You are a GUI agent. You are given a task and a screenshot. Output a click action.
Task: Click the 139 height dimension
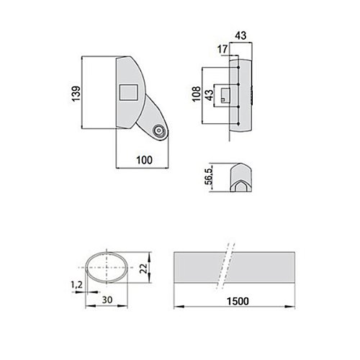(76, 94)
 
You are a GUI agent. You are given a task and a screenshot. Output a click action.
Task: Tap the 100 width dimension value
(144, 160)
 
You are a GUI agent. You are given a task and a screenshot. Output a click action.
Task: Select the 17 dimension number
(222, 49)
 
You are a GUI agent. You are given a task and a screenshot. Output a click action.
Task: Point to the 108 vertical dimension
(197, 94)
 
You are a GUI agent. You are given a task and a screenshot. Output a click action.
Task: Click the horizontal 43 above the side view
(240, 35)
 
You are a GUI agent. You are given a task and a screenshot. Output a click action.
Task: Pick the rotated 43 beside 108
(210, 95)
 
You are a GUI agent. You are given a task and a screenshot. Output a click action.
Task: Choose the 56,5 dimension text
(209, 176)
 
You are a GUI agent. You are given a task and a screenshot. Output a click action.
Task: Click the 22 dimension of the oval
(143, 268)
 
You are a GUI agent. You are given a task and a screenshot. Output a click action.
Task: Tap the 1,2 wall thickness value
(76, 285)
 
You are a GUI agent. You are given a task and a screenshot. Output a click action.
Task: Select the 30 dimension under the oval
(107, 300)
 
